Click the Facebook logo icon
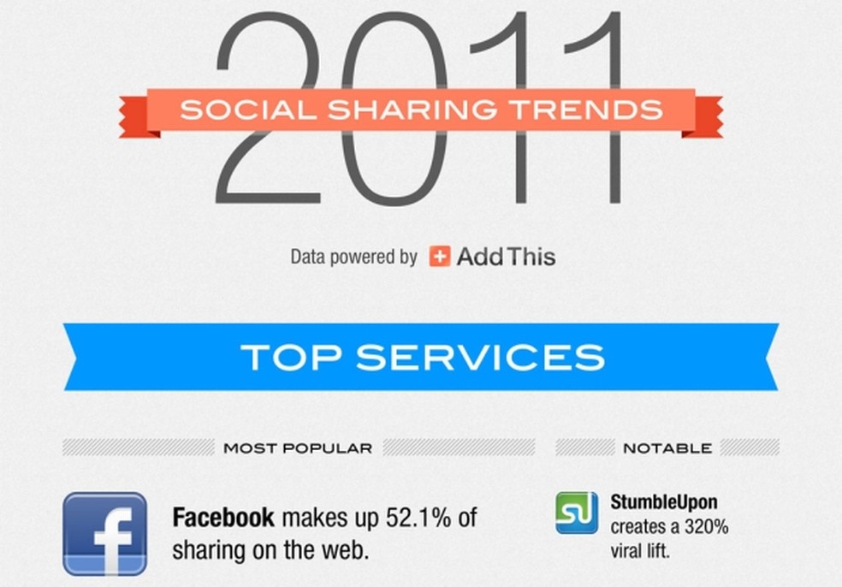[x=104, y=533]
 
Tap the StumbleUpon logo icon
[x=577, y=513]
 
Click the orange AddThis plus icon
[x=440, y=256]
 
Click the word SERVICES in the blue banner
[x=480, y=356]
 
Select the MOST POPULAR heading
[x=298, y=448]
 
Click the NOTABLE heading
[x=667, y=448]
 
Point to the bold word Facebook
[x=223, y=518]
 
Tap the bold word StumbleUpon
[x=664, y=502]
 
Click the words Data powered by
[x=353, y=256]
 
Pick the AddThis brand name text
[x=506, y=256]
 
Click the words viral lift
[x=640, y=550]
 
